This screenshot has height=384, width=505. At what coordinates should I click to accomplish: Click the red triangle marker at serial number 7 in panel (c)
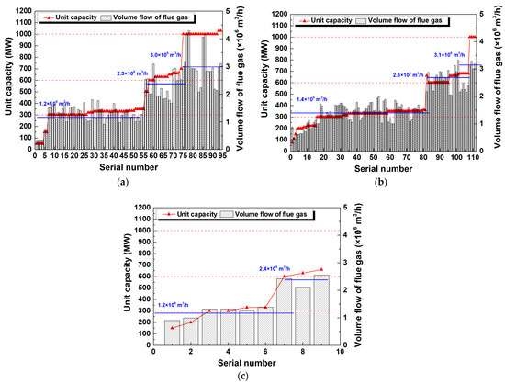(284, 276)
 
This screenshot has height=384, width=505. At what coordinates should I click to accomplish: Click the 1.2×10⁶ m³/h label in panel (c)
(177, 304)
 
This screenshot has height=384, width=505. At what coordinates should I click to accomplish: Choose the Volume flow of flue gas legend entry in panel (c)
(268, 214)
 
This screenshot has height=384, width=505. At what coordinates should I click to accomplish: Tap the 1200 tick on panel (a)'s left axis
(23, 11)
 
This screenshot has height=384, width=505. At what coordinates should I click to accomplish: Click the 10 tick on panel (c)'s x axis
(340, 352)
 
